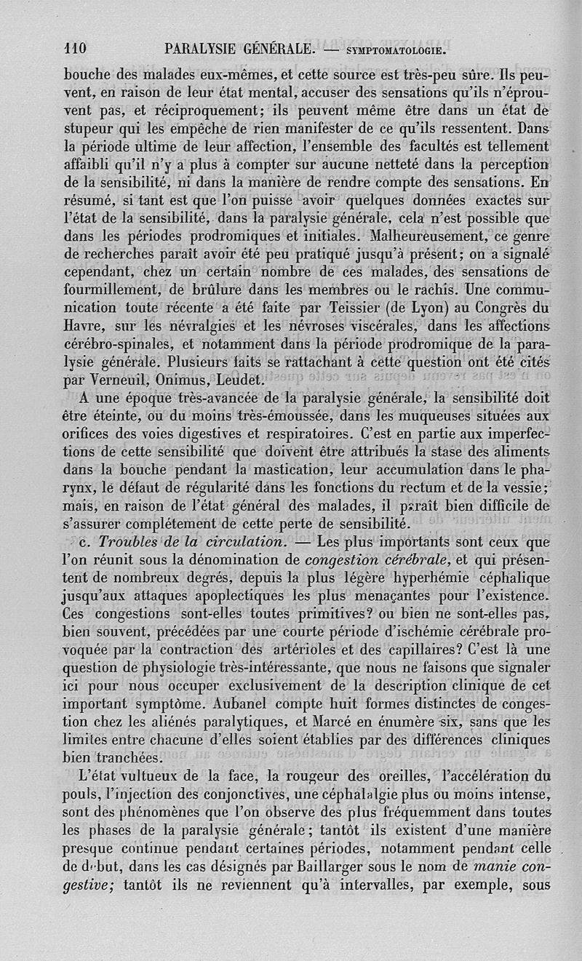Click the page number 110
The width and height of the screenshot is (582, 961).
[75, 49]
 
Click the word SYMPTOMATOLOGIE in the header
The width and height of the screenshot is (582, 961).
[396, 51]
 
